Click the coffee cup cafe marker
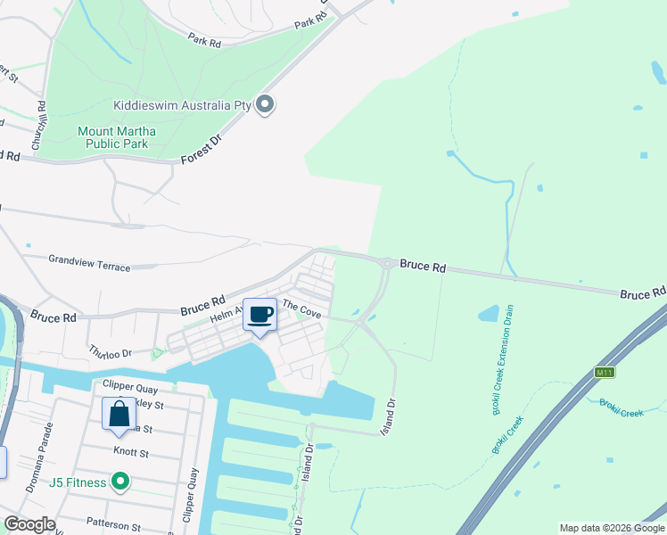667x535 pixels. [260, 315]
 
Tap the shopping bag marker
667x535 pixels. [119, 415]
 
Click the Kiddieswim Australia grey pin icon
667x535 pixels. [265, 105]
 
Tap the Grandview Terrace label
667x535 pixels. [89, 262]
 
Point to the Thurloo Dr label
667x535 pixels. [110, 352]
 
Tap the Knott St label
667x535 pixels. [130, 454]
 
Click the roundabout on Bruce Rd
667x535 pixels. [387, 263]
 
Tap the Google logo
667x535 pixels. [29, 524]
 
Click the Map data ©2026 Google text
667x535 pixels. [611, 528]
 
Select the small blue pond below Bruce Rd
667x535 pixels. [488, 314]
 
